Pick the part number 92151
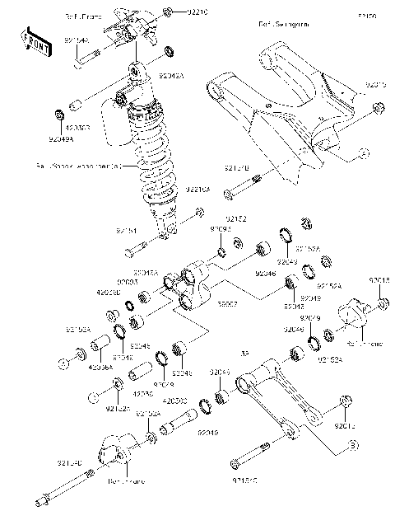click(127, 232)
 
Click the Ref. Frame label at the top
click(81, 16)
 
